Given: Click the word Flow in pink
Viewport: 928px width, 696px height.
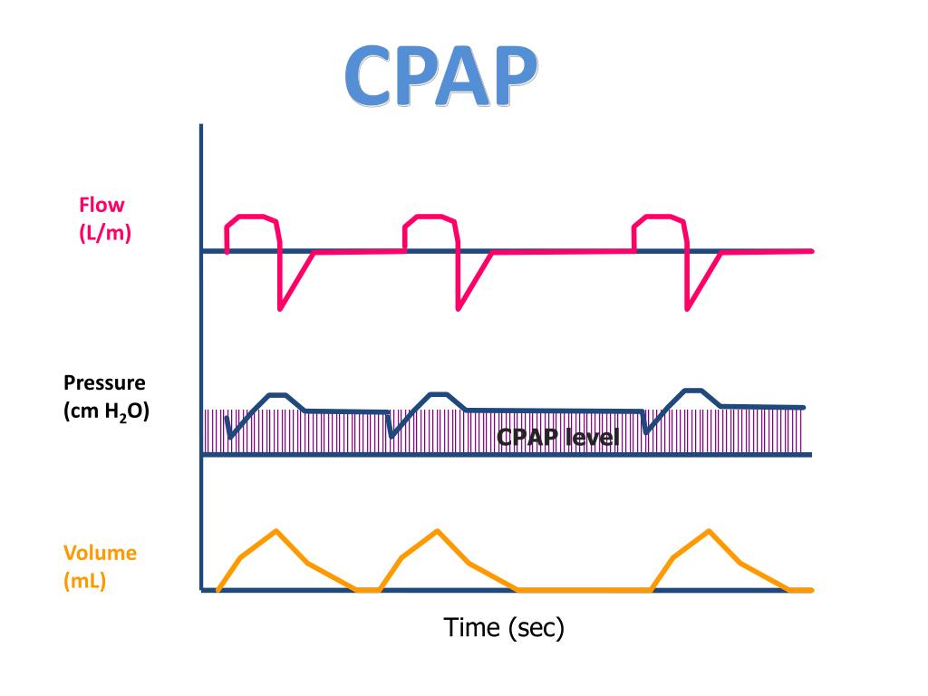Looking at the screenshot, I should (x=101, y=206).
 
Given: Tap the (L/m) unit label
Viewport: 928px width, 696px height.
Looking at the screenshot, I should (x=104, y=233).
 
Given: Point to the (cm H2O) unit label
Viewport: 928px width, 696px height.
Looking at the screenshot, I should (x=106, y=411).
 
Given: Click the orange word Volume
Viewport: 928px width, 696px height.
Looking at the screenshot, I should (x=100, y=553).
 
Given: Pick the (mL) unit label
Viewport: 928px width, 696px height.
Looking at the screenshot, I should (x=84, y=581).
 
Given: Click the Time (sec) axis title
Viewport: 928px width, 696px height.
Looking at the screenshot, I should (x=504, y=626).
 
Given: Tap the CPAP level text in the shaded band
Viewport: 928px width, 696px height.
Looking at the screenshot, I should (x=557, y=439).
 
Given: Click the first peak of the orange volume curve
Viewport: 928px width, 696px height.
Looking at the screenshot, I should (x=275, y=530).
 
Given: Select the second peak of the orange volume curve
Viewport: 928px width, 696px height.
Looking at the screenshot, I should (x=437, y=530).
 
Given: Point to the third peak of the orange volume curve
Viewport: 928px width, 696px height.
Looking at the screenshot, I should (x=708, y=530).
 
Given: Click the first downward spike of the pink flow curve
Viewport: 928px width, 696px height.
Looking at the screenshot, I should (x=280, y=309).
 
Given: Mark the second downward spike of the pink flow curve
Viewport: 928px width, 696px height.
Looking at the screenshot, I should (x=458, y=309).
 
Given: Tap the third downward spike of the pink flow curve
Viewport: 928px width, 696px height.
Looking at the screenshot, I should (x=688, y=309).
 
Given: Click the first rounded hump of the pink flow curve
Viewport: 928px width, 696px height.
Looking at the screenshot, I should (x=251, y=218).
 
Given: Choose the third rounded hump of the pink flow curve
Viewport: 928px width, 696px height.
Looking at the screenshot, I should (x=659, y=218).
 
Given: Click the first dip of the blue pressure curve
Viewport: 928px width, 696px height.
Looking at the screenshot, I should (x=229, y=438).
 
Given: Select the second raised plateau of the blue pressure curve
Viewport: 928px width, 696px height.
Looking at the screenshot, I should (x=439, y=393).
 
